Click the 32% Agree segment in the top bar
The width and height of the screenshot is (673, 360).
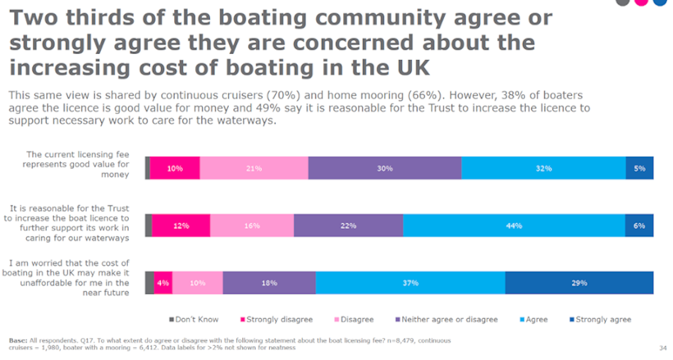[543, 168]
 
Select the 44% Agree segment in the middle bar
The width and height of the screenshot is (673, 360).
[514, 226]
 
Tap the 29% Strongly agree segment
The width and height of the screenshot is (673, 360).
[579, 283]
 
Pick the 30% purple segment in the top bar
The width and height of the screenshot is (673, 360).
[385, 168]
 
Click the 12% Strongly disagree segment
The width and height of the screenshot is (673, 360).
[181, 226]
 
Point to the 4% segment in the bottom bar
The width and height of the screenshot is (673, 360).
[163, 283]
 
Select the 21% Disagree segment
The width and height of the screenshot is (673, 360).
[254, 168]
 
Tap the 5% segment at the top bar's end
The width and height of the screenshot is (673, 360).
[639, 168]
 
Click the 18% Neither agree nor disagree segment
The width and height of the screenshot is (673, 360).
[269, 283]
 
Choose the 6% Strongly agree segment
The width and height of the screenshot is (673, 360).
[639, 226]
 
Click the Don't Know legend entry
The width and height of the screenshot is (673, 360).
[194, 320]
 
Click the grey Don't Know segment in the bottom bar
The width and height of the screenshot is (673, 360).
[149, 283]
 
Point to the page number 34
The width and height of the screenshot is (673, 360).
[663, 347]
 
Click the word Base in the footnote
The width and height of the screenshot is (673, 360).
[18, 340]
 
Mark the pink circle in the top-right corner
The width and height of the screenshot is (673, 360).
[641, 2]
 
